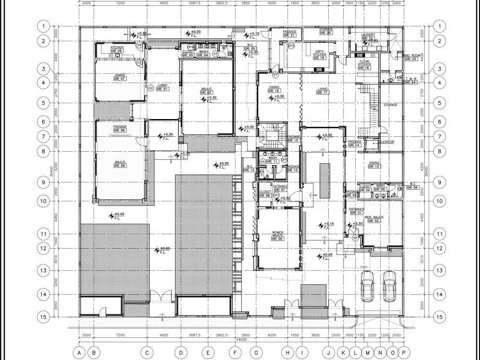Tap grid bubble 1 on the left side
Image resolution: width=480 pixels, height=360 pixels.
point(43,26)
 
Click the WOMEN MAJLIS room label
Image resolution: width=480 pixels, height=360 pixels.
point(278,233)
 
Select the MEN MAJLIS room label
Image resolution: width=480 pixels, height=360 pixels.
point(374,218)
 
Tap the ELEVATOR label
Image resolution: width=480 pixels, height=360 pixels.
point(386,142)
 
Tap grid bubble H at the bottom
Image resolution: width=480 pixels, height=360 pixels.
point(288,352)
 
